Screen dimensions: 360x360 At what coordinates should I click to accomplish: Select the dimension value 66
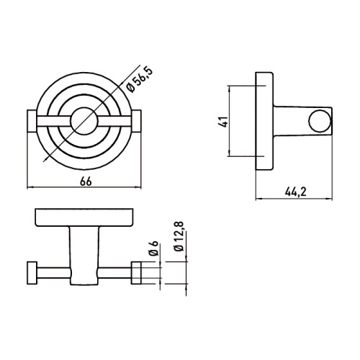click(85, 181)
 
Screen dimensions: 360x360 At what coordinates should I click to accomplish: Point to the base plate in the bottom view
click(85, 218)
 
